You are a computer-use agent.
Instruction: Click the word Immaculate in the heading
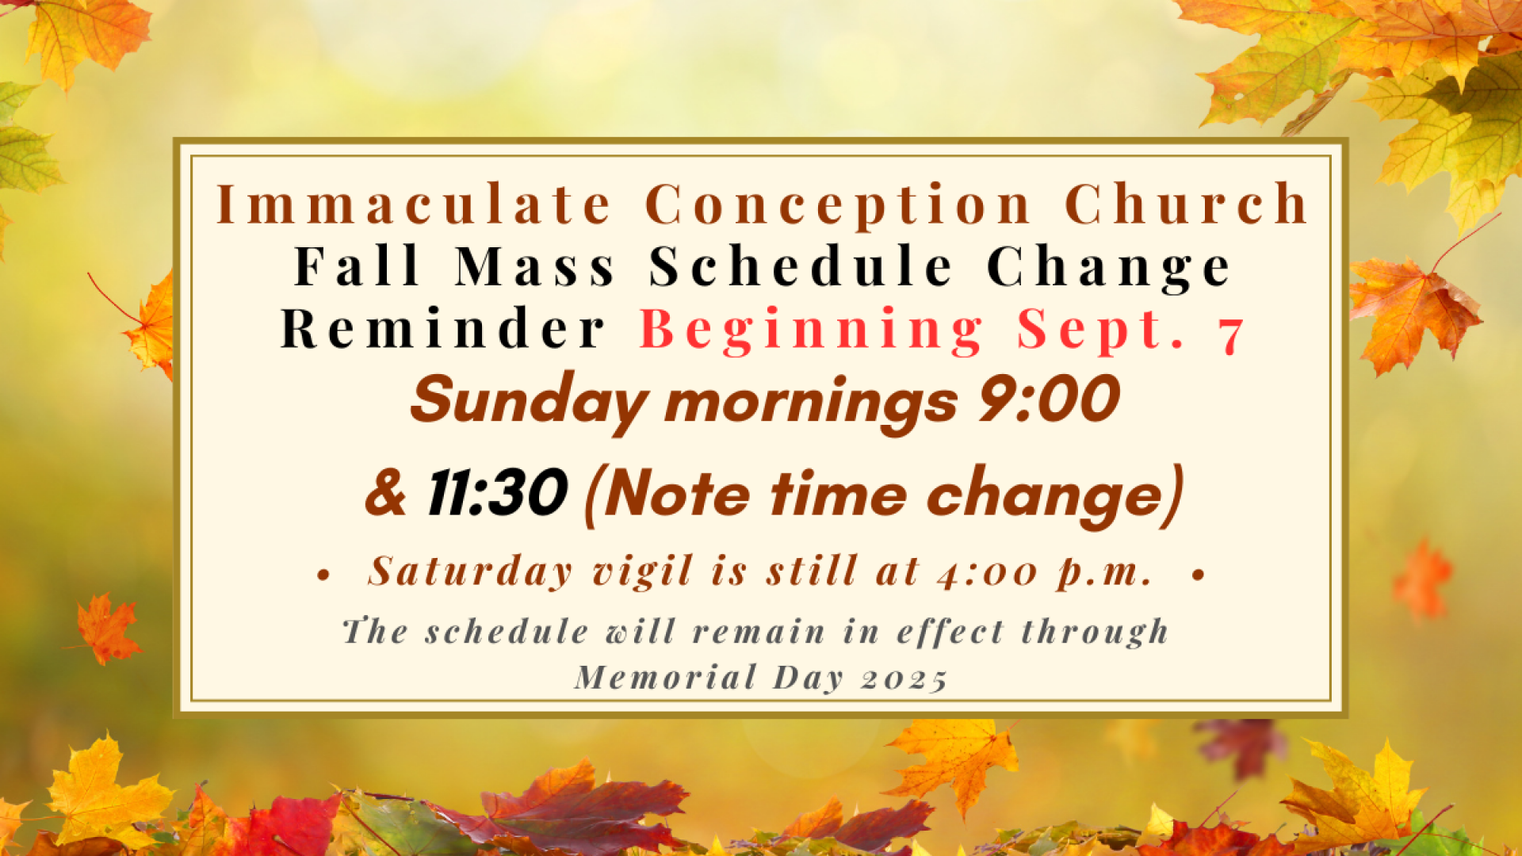click(x=414, y=204)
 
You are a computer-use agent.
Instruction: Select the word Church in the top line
click(x=1187, y=204)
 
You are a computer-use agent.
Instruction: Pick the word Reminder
click(x=443, y=327)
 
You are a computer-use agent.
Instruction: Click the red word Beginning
click(x=812, y=331)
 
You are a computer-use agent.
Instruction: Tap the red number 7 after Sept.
click(x=1232, y=334)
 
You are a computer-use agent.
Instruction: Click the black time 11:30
click(x=497, y=492)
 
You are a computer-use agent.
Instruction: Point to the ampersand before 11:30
click(x=385, y=493)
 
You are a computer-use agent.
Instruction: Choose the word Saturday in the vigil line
click(x=470, y=571)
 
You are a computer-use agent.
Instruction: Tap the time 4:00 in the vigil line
click(x=987, y=572)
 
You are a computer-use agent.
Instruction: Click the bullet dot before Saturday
click(x=323, y=575)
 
